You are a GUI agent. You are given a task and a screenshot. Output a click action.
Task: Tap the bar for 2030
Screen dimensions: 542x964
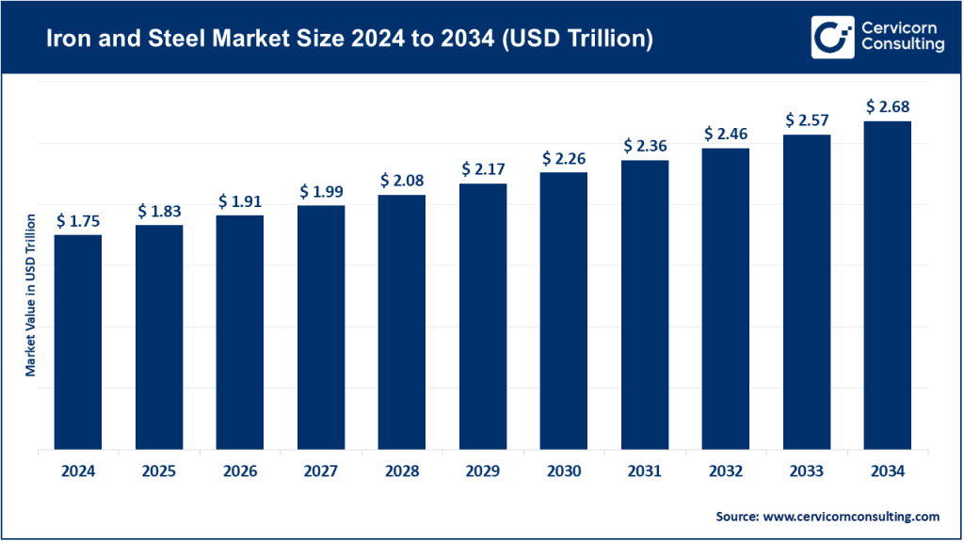coord(564,311)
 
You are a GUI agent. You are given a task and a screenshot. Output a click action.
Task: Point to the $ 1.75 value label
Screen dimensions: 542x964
coord(78,221)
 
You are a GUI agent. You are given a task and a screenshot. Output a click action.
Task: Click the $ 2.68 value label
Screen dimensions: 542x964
coord(887,106)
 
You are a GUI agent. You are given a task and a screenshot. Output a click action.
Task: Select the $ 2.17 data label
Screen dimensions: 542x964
coord(483,169)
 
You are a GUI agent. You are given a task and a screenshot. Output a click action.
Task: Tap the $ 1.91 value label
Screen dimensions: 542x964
coord(240,201)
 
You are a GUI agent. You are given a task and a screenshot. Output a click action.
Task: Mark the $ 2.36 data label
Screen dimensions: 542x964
coord(645,146)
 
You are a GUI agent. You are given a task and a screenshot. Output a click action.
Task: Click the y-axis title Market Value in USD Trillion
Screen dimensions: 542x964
coord(30,295)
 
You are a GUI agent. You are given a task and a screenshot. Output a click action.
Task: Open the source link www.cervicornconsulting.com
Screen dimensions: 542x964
coord(849,517)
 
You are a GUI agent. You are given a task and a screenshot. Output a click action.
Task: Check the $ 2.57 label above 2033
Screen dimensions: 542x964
coord(807,120)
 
